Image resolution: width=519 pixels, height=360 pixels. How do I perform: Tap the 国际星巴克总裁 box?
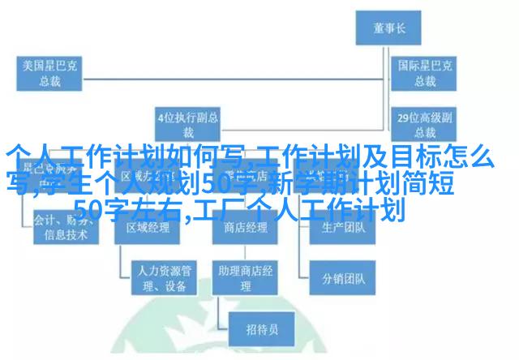pos(422,74)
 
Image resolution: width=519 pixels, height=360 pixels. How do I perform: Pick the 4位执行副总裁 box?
pos(187,123)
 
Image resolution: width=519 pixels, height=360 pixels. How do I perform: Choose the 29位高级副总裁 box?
pos(422,123)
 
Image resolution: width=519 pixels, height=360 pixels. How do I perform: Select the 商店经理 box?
pos(244,228)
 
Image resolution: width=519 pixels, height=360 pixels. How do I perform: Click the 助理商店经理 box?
pos(244,277)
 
